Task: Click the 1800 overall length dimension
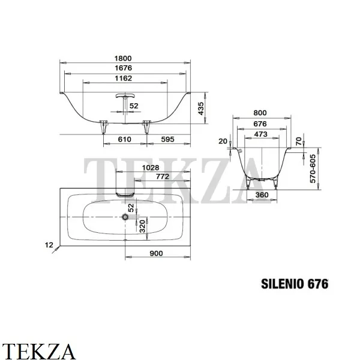pyautogui.click(x=124, y=58)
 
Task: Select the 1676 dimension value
pyautogui.click(x=124, y=68)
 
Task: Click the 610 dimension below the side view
pyautogui.click(x=124, y=139)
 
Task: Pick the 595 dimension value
pyautogui.click(x=168, y=139)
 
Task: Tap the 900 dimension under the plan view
pyautogui.click(x=156, y=254)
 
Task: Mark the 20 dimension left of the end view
pyautogui.click(x=223, y=141)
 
